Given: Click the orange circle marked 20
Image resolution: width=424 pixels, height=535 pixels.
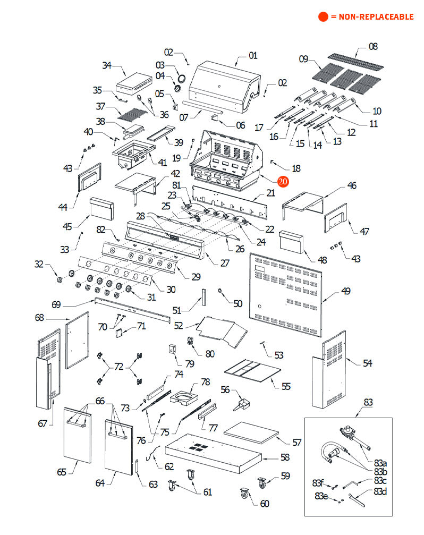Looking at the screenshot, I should [283, 181].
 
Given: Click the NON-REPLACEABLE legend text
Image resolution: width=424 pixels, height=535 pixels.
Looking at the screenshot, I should [372, 17].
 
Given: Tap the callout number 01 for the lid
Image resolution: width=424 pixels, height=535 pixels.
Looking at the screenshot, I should [252, 55].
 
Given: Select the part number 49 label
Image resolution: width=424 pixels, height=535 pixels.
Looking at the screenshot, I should [346, 291].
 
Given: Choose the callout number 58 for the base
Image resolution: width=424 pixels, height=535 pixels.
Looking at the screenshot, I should [285, 457].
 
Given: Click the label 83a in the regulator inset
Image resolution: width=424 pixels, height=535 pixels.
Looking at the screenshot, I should [380, 464].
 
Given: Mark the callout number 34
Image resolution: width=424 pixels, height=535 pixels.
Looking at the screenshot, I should [107, 65].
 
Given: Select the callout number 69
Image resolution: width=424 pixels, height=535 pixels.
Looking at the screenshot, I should [56, 304].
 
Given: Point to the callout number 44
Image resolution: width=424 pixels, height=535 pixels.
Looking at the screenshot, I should [63, 206].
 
